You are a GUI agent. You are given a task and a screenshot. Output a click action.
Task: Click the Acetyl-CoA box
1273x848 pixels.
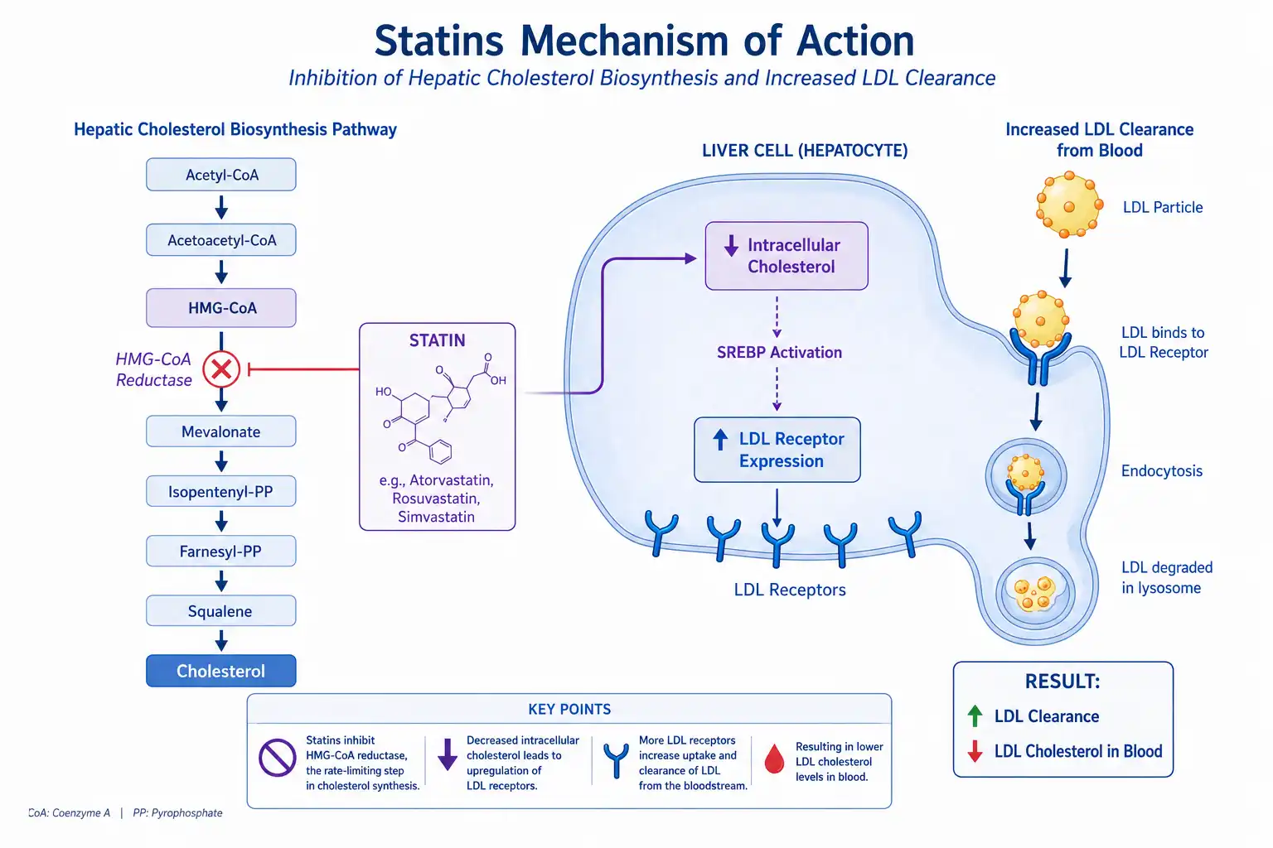tap(221, 175)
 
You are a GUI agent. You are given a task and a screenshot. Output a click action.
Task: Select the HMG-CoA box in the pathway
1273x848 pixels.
tap(221, 308)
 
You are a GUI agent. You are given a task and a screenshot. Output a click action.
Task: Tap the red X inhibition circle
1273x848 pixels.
tap(221, 369)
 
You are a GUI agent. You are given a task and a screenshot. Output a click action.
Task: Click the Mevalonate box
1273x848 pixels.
tap(221, 431)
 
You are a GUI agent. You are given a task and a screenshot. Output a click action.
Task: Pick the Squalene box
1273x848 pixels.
tap(221, 610)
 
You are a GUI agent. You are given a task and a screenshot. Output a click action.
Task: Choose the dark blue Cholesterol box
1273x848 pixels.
tap(221, 671)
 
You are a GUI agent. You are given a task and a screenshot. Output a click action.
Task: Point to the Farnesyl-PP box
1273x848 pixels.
tap(221, 551)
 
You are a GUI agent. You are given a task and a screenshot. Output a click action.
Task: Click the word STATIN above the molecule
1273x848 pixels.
tap(437, 340)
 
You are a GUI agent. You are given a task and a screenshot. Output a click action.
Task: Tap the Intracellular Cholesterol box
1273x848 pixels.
tap(787, 256)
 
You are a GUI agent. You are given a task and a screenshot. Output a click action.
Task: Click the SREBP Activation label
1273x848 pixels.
tap(779, 352)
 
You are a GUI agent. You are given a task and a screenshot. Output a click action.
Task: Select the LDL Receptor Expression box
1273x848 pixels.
tap(777, 450)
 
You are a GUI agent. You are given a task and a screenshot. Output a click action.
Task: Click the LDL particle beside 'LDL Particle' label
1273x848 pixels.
tap(1069, 205)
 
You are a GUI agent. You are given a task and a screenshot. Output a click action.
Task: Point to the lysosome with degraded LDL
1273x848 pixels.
tap(1035, 594)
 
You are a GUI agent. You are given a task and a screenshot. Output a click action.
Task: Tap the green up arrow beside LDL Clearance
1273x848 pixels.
tap(975, 715)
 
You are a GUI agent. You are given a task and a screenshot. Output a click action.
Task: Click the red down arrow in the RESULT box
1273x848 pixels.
tap(975, 751)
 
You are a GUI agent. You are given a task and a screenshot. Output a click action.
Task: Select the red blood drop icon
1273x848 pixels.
tap(774, 759)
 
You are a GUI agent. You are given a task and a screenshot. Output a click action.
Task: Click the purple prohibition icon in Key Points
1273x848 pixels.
tap(278, 758)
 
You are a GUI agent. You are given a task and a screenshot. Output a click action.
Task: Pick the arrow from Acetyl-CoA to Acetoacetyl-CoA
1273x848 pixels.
tap(221, 207)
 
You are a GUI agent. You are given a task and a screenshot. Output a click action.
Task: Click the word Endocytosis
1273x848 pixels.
tap(1162, 471)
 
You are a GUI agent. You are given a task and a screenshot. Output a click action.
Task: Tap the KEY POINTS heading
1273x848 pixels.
tap(569, 709)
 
